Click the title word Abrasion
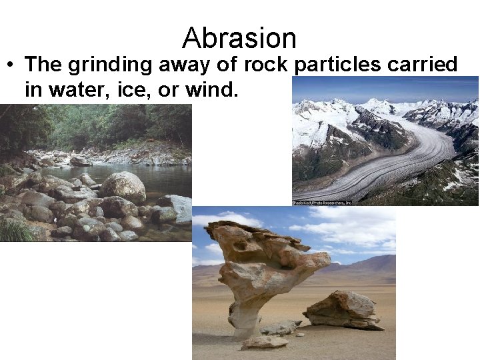pyautogui.click(x=239, y=38)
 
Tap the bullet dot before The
pyautogui.click(x=11, y=65)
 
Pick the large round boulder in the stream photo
pyautogui.click(x=123, y=187)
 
